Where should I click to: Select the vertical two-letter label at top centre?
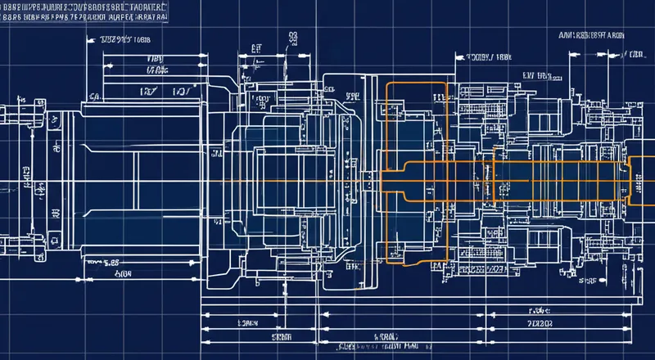click(292, 37)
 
